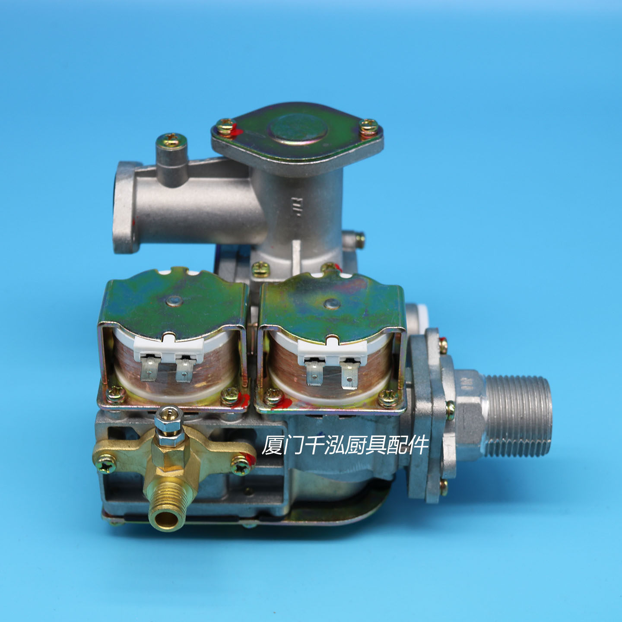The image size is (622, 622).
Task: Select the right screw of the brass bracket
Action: (240, 464)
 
